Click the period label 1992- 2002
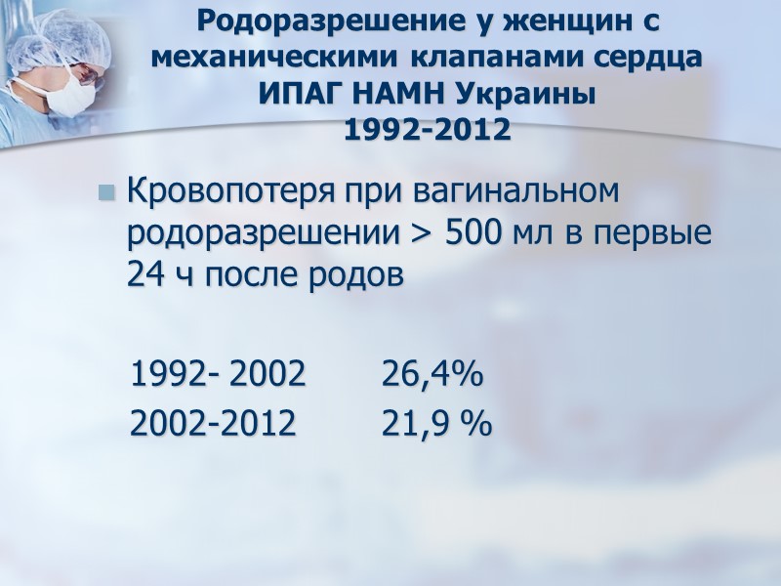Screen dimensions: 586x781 tap(218, 374)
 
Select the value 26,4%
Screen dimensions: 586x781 tap(432, 374)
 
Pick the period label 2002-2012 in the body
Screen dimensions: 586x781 tap(214, 423)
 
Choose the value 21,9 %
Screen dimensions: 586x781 tap(436, 423)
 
